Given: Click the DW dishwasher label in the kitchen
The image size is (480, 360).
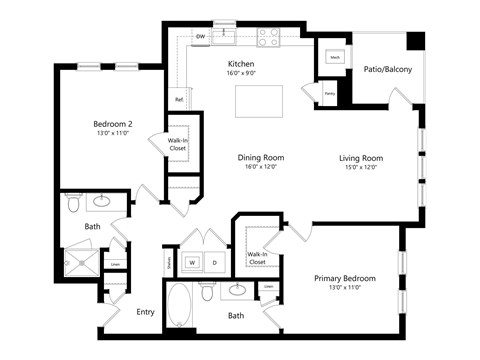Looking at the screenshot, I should (201, 38).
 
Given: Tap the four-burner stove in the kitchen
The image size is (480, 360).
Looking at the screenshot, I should (268, 37).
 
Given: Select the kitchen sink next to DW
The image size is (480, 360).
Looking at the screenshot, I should (228, 36).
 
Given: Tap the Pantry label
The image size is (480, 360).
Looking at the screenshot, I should (329, 94).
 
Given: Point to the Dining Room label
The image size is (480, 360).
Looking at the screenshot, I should (262, 157).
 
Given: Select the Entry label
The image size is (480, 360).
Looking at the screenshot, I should (146, 312).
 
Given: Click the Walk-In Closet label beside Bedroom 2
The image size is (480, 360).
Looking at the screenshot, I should (178, 143).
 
